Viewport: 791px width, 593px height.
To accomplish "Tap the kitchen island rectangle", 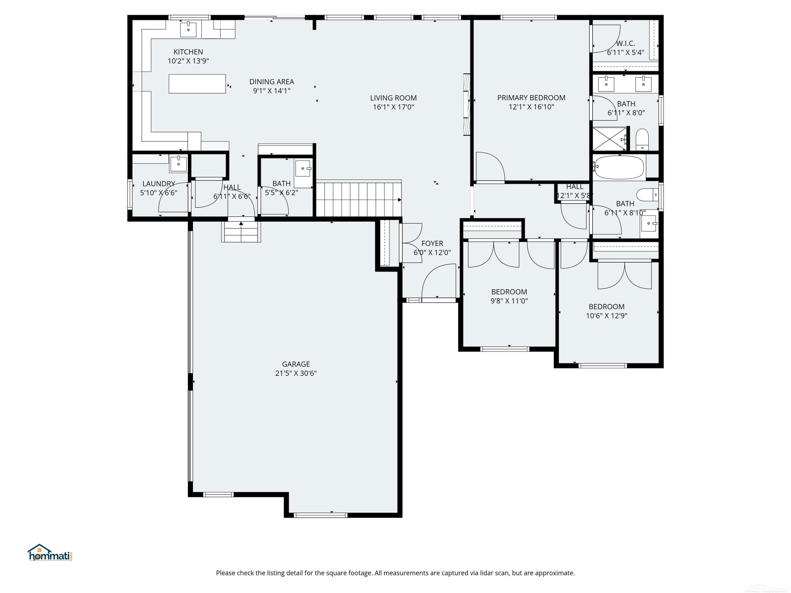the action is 197,84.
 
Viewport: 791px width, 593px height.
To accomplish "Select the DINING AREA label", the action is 272,82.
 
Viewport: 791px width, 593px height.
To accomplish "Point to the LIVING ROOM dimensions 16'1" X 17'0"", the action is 393,107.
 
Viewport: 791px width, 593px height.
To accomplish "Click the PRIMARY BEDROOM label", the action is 531,98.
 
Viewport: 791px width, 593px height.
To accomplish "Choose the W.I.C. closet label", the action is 625,43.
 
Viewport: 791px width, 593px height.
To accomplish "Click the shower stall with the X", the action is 610,139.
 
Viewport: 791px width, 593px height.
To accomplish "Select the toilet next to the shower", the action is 642,139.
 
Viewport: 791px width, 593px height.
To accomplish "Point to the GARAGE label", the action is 296,364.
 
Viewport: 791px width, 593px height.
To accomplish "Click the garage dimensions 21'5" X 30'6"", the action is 296,373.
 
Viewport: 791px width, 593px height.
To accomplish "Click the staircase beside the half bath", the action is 359,199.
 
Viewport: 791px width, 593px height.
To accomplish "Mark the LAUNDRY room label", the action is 159,184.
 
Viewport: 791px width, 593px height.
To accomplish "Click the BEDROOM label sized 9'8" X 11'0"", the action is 509,292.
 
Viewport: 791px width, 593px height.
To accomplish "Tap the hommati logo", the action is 50,553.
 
